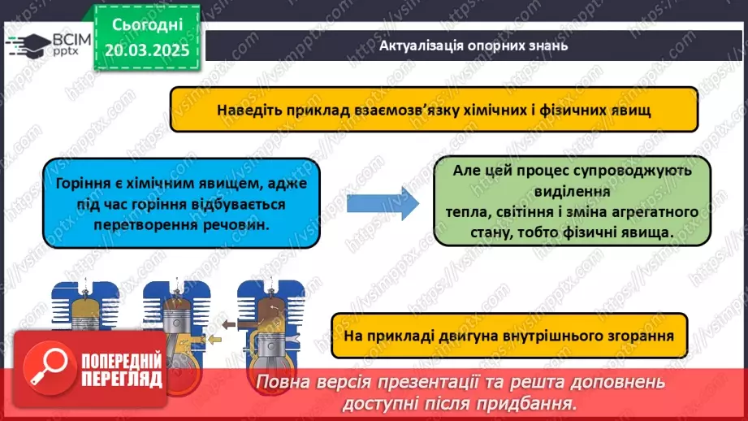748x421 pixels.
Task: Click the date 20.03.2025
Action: [147, 50]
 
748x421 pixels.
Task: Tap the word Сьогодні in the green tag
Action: [147, 25]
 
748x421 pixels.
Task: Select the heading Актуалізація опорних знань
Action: [473, 46]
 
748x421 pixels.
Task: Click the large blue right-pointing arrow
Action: [383, 203]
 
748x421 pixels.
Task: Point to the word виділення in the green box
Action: [572, 192]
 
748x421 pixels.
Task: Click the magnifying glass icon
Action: [50, 368]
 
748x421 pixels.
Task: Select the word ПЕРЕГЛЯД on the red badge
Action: [122, 379]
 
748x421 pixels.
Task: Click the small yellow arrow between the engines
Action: [214, 340]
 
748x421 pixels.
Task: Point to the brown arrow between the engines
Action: [229, 324]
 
